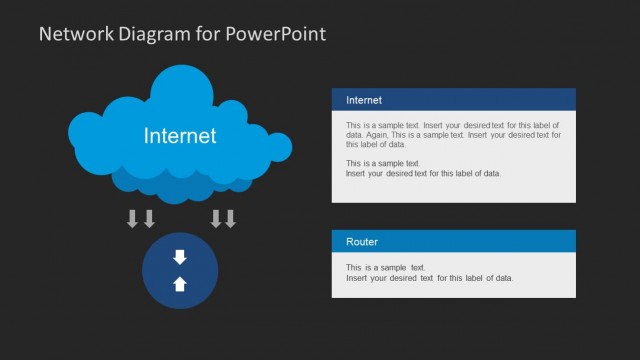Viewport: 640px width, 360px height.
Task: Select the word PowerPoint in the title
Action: click(x=276, y=33)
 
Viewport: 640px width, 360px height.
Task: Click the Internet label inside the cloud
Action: click(x=180, y=135)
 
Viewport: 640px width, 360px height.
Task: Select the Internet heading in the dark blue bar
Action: click(x=364, y=100)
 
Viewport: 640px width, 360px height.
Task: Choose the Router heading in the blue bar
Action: click(x=362, y=242)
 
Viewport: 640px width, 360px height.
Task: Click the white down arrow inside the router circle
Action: click(x=180, y=257)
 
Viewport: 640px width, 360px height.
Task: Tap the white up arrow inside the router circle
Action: click(x=180, y=284)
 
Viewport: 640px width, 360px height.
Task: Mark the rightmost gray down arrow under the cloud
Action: click(x=230, y=219)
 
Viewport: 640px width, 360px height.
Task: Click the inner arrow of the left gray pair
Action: click(x=149, y=219)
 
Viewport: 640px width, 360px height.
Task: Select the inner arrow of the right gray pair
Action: click(x=215, y=219)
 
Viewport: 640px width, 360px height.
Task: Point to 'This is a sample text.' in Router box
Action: click(x=386, y=268)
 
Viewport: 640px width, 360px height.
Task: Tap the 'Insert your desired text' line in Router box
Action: click(x=429, y=278)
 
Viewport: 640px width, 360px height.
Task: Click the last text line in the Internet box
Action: click(x=423, y=173)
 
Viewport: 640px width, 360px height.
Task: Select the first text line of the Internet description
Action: click(x=454, y=124)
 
